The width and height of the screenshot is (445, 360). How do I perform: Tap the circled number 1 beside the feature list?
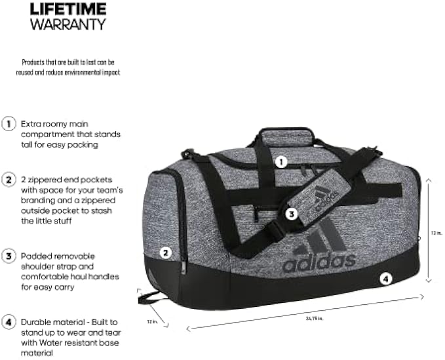coord(9,123)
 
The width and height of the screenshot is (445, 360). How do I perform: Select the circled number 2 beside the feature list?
coord(9,179)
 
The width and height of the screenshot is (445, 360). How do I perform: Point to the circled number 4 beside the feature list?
coord(9,321)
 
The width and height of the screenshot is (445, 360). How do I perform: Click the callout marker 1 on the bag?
coord(281,161)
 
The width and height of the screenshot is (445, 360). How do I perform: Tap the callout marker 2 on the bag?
coord(166,251)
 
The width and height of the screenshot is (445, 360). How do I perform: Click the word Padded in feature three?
coord(35,254)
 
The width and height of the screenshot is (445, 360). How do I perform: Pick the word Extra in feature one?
coord(30,123)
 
